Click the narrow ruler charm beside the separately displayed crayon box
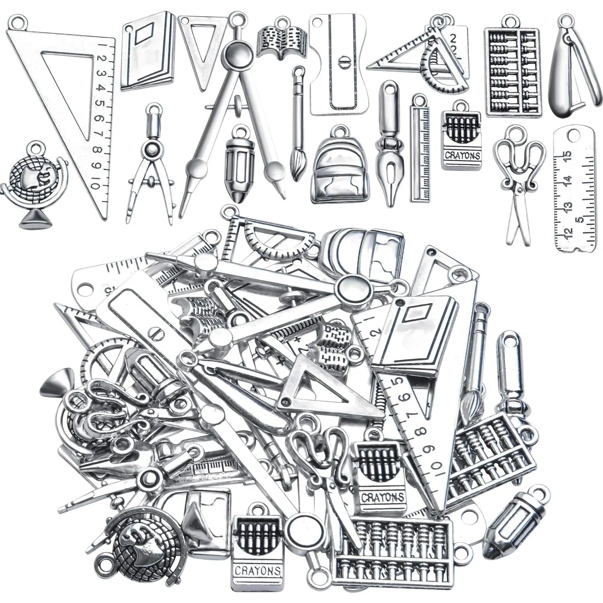point(418,151)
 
